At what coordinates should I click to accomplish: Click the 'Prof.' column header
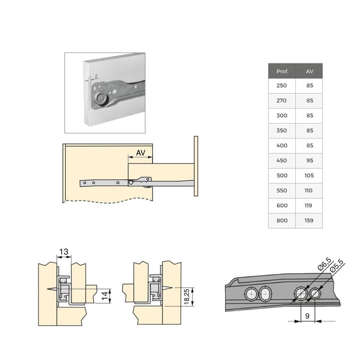click(x=282, y=71)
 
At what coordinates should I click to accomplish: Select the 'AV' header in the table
click(x=309, y=71)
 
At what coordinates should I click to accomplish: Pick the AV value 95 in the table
click(x=309, y=160)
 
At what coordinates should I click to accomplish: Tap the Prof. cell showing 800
click(x=282, y=220)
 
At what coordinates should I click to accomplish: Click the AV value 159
click(x=309, y=220)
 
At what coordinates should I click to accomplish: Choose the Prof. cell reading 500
click(x=282, y=175)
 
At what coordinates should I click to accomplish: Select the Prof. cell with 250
click(x=282, y=86)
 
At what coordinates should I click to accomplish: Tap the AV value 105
click(x=309, y=175)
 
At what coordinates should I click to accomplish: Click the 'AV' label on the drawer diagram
click(x=141, y=153)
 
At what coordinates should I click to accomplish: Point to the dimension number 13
click(x=65, y=252)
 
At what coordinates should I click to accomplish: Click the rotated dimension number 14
click(x=105, y=296)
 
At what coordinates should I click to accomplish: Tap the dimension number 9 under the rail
click(x=307, y=316)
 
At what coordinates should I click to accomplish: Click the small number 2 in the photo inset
click(x=96, y=75)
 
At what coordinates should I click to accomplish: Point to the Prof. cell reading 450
click(x=282, y=160)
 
